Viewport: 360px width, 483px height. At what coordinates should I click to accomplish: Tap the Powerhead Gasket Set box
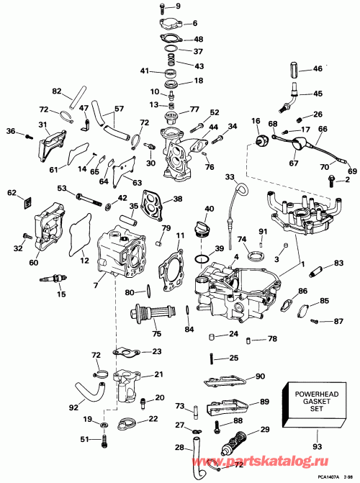(314, 399)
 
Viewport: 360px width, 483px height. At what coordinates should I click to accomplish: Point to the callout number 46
(318, 69)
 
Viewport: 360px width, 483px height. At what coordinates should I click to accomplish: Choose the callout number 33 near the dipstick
(230, 177)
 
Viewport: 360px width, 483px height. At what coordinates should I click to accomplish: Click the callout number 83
(339, 265)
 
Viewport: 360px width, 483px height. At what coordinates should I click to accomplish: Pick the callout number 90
(260, 376)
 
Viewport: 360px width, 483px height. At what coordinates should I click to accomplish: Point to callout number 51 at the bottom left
(84, 440)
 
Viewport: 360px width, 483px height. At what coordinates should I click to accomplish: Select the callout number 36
(10, 131)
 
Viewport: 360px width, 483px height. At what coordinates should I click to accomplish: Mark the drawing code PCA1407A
(324, 477)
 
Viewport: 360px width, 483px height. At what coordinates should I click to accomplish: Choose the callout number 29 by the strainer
(265, 430)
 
